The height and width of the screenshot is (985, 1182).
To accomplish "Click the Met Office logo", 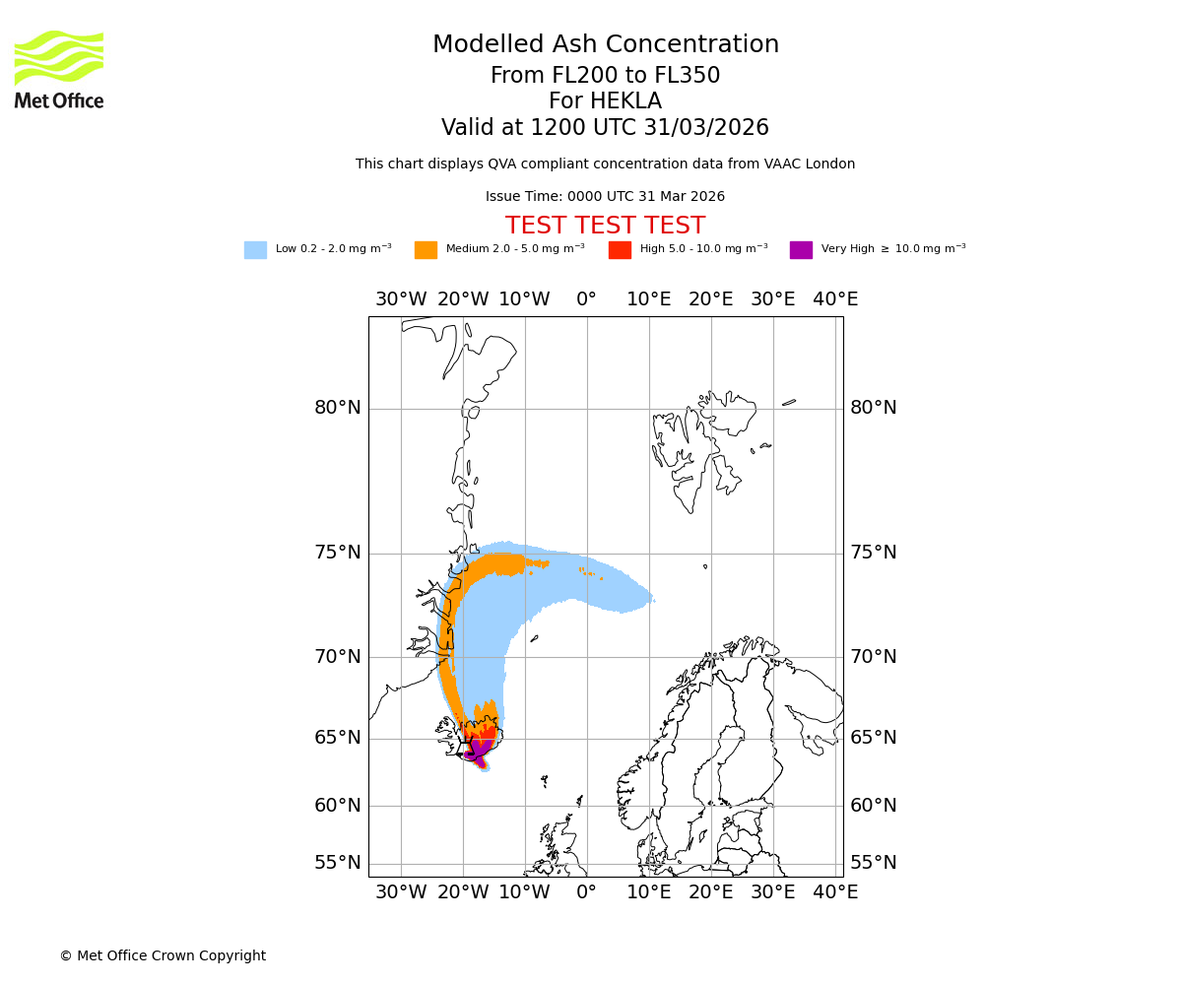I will point(59,69).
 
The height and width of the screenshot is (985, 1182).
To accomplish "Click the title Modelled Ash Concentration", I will point(606,45).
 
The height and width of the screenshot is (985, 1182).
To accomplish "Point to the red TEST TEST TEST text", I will point(605,227).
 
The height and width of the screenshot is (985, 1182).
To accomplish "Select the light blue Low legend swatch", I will point(255,250).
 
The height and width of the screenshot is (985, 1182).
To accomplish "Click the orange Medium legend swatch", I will point(426,250).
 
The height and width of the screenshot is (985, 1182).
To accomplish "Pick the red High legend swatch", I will point(620,250).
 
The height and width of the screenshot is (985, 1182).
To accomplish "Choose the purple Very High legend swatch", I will point(801,250).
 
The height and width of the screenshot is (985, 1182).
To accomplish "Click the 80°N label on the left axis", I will point(338,408).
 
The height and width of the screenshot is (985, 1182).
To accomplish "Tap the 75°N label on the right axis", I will point(874,553).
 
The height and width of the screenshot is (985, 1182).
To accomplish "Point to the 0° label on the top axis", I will point(587,299).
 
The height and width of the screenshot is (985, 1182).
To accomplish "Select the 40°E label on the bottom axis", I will point(835,892).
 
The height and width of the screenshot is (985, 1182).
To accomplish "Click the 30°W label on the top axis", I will point(401,299).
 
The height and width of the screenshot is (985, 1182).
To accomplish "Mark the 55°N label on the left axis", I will point(338,863).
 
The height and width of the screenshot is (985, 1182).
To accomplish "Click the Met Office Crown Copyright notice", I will point(163,956).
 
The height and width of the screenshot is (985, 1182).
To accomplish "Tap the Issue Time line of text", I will point(605,197).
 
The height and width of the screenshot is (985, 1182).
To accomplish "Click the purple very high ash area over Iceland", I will point(477,752).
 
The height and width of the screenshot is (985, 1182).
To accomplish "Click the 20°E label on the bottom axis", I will point(711,892).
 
